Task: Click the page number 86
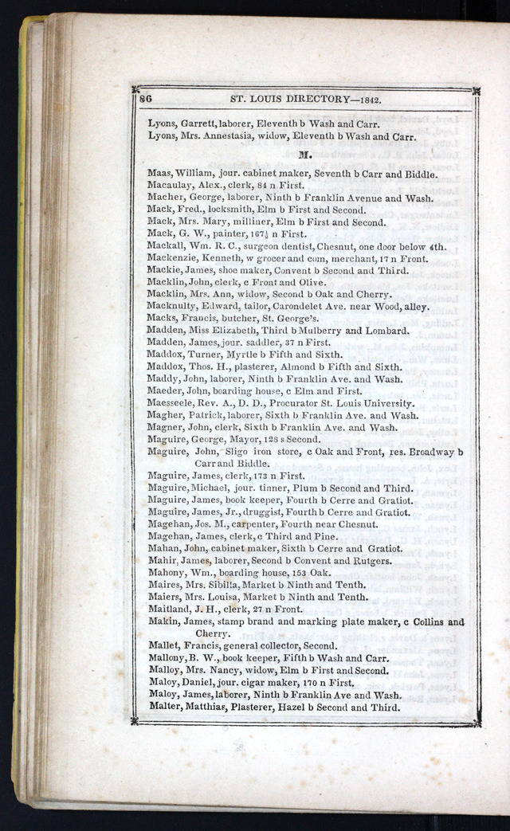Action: pyautogui.click(x=146, y=99)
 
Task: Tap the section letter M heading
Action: pyautogui.click(x=304, y=155)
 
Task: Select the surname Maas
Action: pyautogui.click(x=159, y=174)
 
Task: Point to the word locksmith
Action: pyautogui.click(x=224, y=210)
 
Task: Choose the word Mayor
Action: pyautogui.click(x=245, y=439)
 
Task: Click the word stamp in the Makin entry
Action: pyautogui.click(x=233, y=621)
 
